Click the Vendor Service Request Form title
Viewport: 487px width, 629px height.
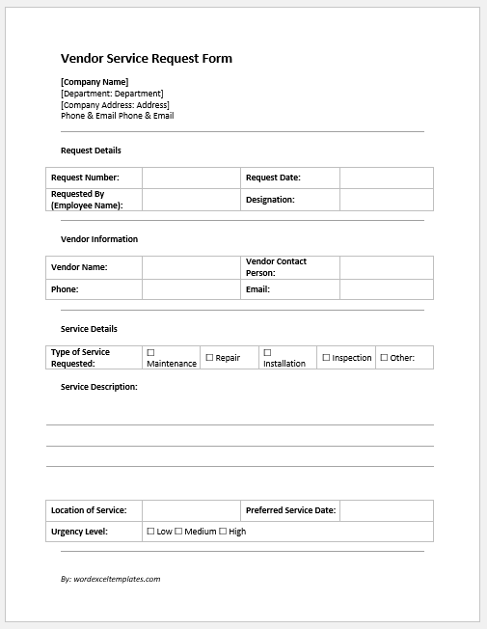coord(146,59)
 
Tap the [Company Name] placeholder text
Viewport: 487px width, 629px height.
coord(95,82)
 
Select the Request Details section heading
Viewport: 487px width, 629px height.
coord(91,150)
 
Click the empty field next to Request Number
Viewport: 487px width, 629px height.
coord(191,178)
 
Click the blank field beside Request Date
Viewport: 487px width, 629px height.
coord(386,178)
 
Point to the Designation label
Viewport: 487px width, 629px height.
coord(270,200)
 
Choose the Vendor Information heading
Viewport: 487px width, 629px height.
coord(99,239)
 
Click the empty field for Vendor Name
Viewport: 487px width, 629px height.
coord(191,267)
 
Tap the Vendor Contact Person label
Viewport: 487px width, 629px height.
coord(276,267)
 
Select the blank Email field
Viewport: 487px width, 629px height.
coord(386,289)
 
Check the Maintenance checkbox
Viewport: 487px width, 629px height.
coord(150,353)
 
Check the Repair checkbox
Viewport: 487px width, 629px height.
coord(209,358)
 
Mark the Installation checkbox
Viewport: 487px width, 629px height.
coord(267,353)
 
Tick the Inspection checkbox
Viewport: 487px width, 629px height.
coord(326,358)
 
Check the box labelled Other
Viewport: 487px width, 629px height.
coord(384,358)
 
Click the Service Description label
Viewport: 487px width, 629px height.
coord(98,387)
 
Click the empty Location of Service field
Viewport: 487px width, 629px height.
coord(191,510)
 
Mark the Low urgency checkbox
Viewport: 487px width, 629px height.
coord(150,532)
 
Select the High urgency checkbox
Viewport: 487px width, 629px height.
coord(224,532)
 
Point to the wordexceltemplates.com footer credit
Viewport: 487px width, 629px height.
coord(110,579)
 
